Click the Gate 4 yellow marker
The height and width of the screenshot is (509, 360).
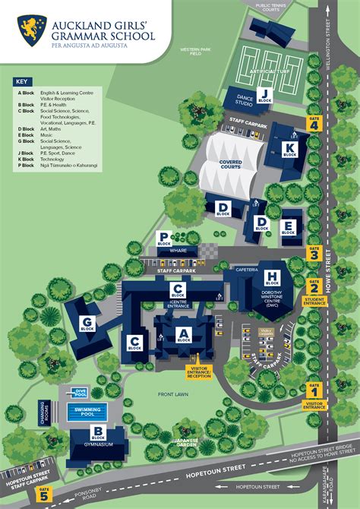pos(314,124)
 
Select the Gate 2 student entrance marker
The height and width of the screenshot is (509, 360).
pos(314,287)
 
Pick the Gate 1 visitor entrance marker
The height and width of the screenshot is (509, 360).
pos(314,390)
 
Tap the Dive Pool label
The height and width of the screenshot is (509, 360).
pos(80,392)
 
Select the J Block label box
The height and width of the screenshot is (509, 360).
pos(264,96)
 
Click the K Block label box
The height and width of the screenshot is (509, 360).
pos(289,149)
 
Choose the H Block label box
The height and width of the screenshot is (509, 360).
pos(273,278)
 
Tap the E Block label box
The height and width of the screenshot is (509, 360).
pos(288,227)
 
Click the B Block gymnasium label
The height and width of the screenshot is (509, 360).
pos(97,435)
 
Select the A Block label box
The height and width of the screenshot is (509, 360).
pos(183,334)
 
